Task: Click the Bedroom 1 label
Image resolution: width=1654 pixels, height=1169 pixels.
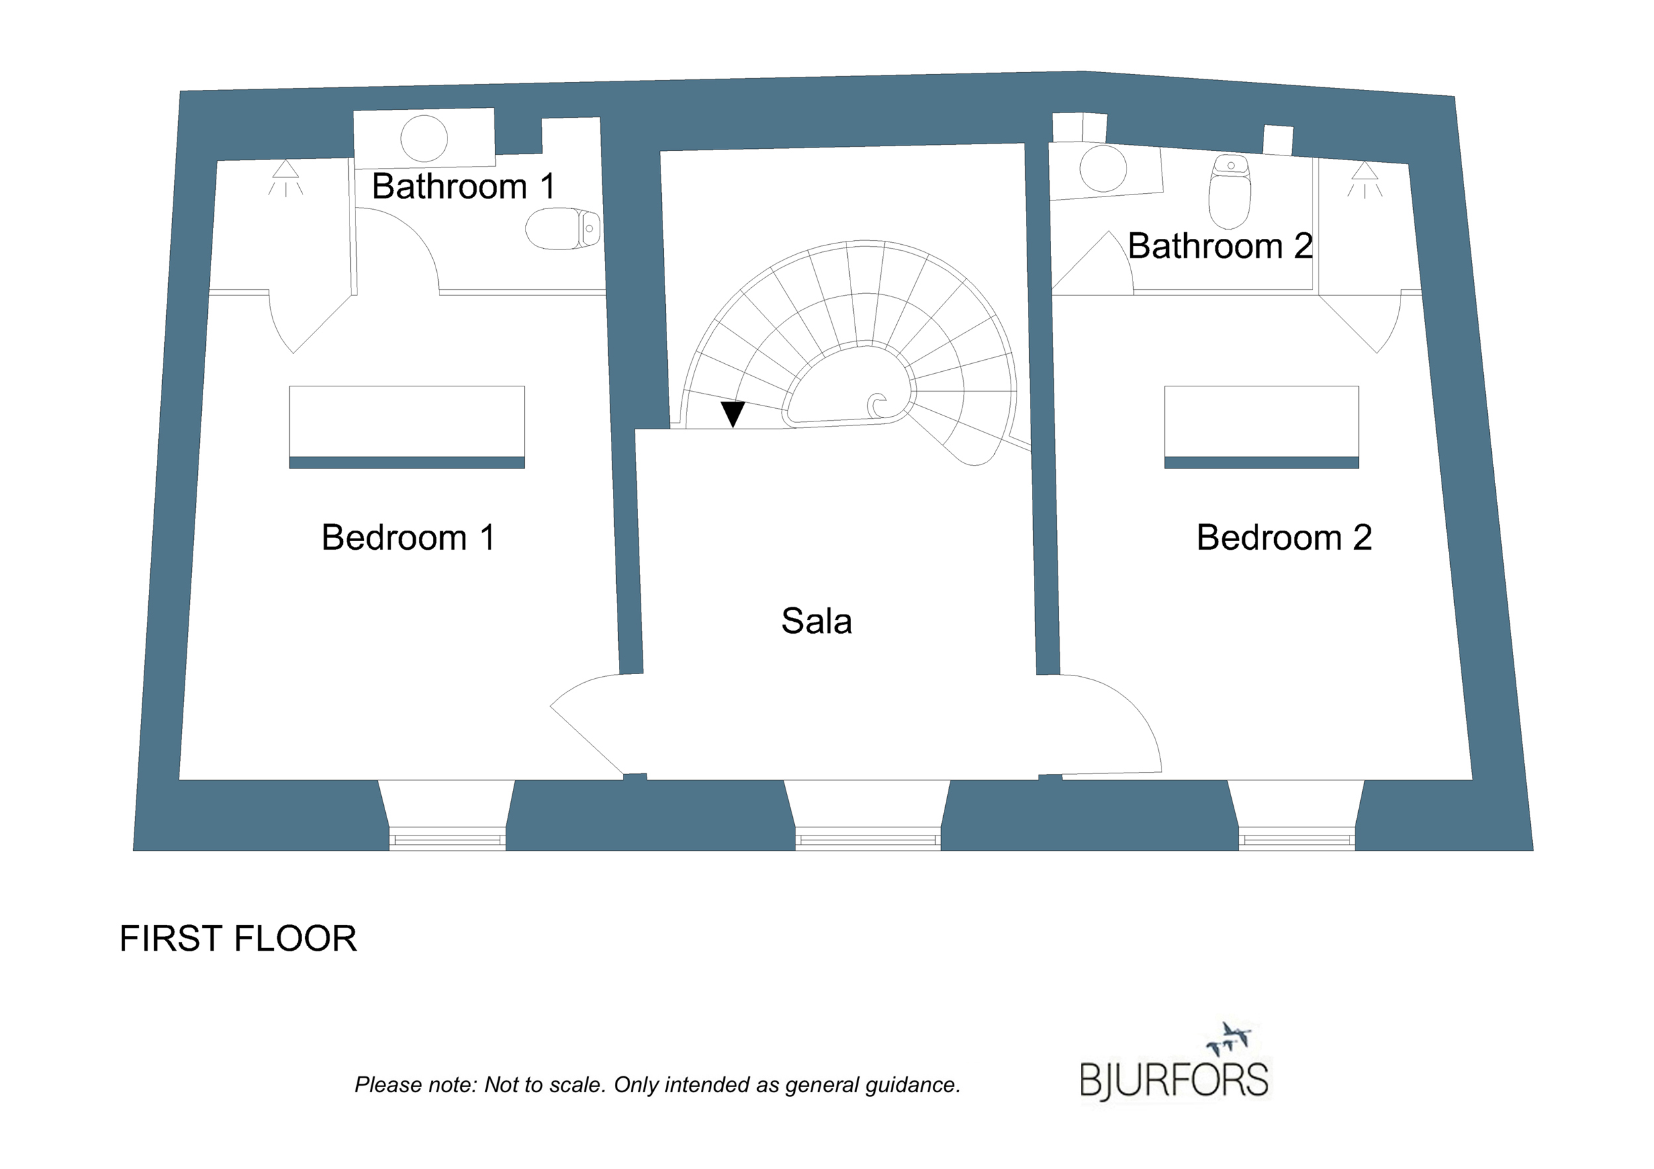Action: [x=408, y=538]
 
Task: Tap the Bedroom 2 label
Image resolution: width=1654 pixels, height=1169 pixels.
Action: [x=1284, y=538]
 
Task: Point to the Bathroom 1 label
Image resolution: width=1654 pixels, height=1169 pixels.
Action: [x=463, y=187]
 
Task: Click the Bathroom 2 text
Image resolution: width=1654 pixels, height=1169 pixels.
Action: [x=1220, y=246]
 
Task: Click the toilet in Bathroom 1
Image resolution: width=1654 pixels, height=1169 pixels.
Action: [x=563, y=228]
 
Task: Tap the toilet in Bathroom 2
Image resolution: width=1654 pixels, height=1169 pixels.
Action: [x=1230, y=191]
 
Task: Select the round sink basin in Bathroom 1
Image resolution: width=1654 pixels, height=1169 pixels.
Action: [x=424, y=138]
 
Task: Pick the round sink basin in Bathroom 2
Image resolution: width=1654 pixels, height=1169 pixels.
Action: [x=1103, y=169]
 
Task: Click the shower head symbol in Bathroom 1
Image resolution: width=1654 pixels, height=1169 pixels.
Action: [x=286, y=178]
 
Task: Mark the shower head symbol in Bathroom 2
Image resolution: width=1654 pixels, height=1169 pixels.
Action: [x=1364, y=179]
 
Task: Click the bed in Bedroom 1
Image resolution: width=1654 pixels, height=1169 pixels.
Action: [x=407, y=427]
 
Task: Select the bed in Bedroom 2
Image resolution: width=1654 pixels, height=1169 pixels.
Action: [x=1262, y=427]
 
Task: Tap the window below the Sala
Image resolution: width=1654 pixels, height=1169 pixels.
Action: [x=868, y=839]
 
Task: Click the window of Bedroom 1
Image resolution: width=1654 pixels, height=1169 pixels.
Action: [x=447, y=839]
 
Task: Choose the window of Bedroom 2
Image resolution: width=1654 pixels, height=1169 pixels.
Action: [x=1297, y=839]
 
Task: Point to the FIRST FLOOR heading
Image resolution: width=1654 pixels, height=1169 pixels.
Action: [x=238, y=939]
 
